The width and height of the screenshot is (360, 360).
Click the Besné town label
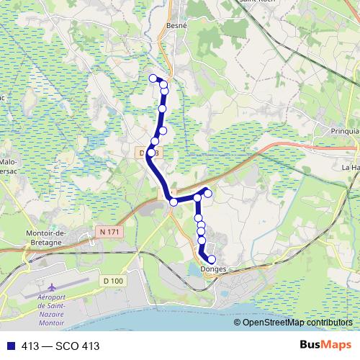[x=176, y=24]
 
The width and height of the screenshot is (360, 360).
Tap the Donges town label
[x=210, y=269]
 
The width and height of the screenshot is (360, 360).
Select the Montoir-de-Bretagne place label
[x=46, y=238]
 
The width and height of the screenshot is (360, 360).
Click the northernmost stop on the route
[x=153, y=78]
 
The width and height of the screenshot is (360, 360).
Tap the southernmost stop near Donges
[x=212, y=259]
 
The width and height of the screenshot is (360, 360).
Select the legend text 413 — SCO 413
[x=60, y=346]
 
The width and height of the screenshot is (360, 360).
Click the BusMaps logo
[x=325, y=345]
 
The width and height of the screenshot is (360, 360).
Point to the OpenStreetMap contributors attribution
[x=297, y=323]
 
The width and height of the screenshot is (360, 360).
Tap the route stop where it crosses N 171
[x=174, y=202]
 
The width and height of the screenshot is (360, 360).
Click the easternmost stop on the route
[x=207, y=192]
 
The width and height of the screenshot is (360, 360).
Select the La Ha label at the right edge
[x=351, y=167]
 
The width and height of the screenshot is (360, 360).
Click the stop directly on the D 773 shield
[x=151, y=153]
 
